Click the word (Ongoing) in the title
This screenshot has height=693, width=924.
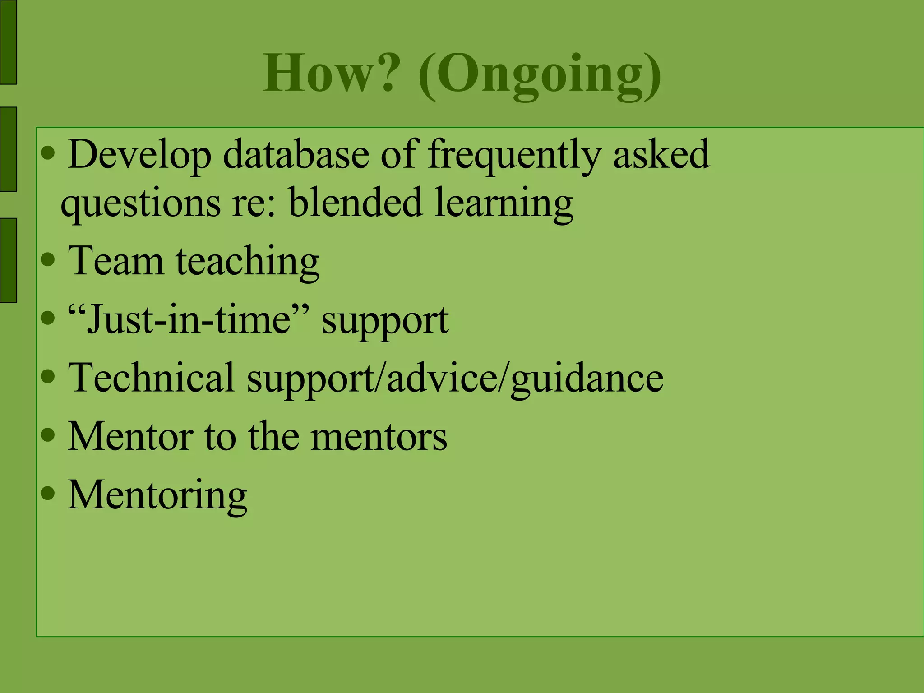[540, 74]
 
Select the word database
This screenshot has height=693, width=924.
[296, 155]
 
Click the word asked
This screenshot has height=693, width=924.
[661, 155]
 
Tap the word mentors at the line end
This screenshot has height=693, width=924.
[379, 436]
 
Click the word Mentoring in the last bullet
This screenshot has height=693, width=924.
[157, 496]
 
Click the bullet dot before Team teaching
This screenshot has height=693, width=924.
[47, 260]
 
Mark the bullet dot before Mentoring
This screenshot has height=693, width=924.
[47, 493]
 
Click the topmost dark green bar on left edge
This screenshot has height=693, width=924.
[8, 42]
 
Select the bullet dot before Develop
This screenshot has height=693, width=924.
[47, 154]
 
